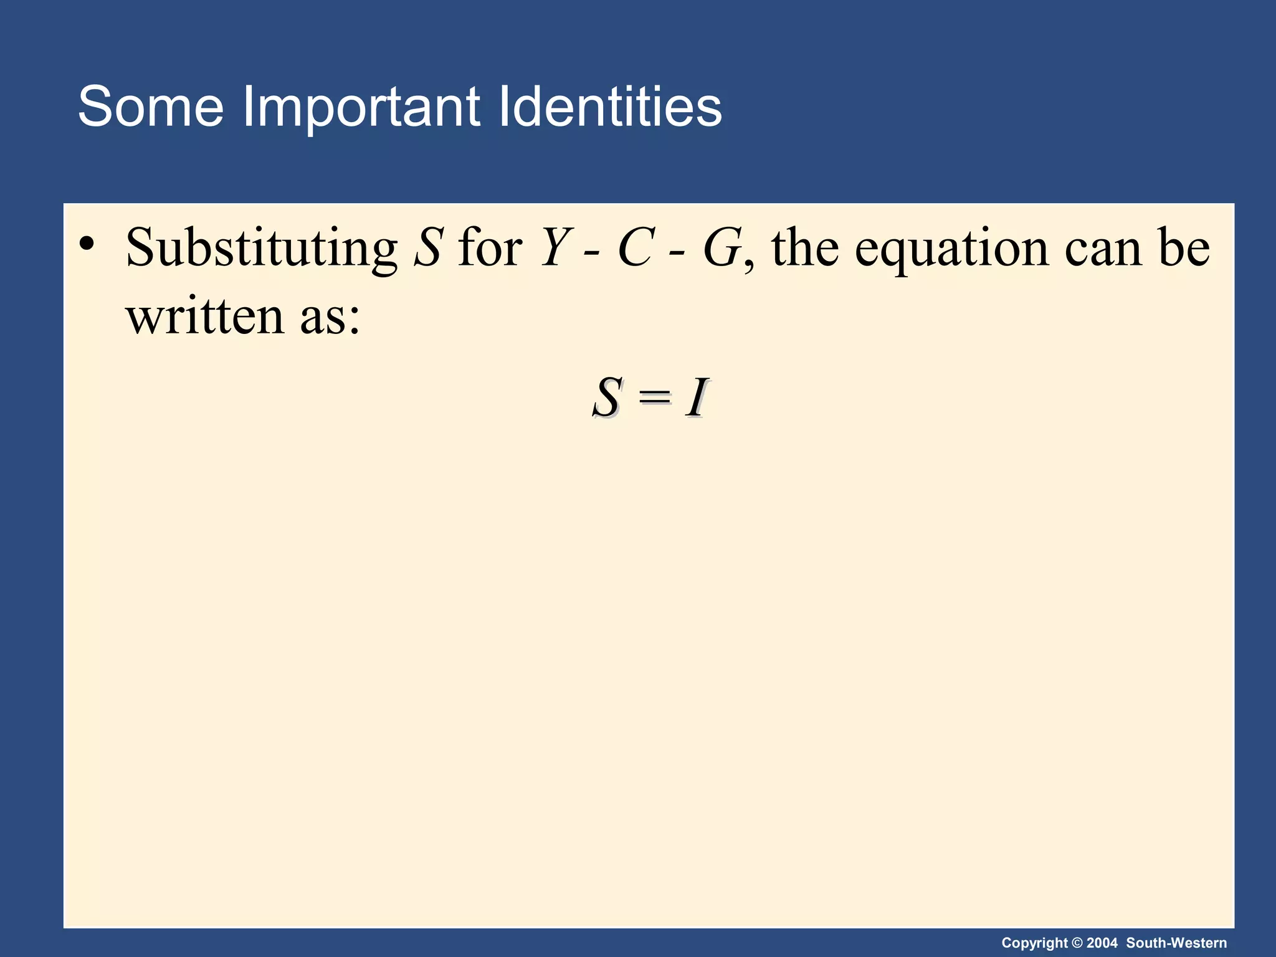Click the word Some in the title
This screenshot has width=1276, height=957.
[x=150, y=107]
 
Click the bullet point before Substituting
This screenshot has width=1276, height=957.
[x=87, y=244]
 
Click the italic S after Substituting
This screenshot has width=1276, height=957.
[x=429, y=248]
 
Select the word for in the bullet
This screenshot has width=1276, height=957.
[x=490, y=248]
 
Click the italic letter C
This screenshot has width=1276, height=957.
[x=636, y=248]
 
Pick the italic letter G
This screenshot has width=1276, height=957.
[x=722, y=248]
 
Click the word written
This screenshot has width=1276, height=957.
[x=206, y=315]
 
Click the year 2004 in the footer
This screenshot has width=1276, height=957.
[x=1102, y=943]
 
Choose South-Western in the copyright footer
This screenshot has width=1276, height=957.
[x=1176, y=943]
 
